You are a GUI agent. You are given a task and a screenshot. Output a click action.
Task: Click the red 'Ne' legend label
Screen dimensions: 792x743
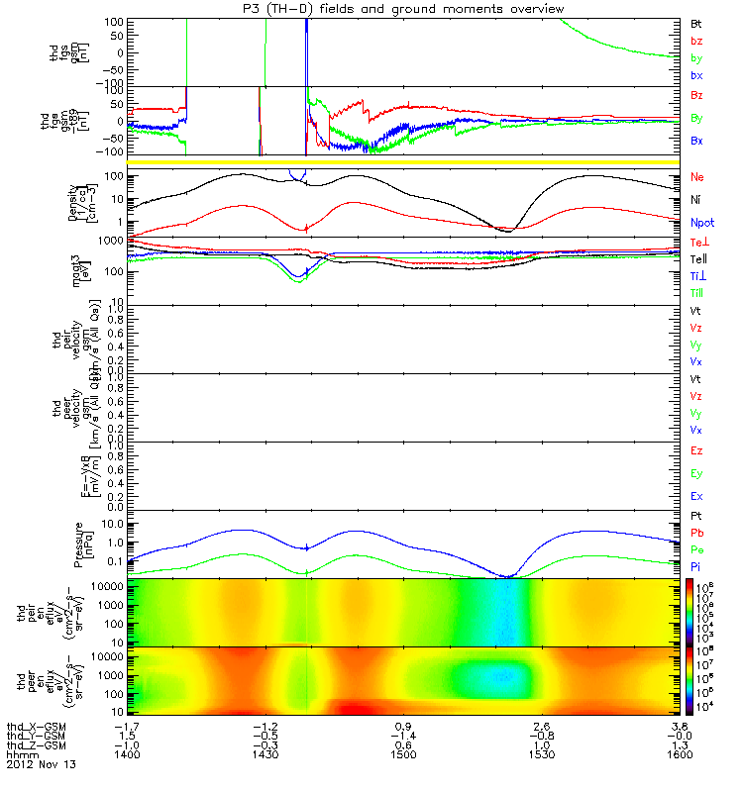(697, 177)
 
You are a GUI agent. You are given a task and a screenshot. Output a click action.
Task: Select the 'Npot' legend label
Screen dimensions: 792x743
(702, 222)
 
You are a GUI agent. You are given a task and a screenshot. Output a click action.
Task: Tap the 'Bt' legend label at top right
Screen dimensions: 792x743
(696, 22)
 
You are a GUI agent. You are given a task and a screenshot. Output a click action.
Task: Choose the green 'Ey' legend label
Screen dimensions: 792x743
(697, 473)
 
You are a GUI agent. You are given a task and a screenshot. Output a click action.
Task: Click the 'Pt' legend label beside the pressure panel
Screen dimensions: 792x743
(696, 518)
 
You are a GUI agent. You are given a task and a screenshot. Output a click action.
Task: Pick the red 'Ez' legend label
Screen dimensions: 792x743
(697, 450)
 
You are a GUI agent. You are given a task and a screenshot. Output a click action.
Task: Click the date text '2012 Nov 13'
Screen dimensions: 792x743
(41, 765)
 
